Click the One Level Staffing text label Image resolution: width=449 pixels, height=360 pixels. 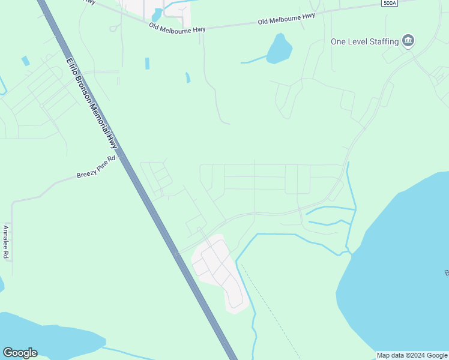pyautogui.click(x=364, y=41)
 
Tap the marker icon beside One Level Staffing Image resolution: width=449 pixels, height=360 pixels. pyautogui.click(x=409, y=41)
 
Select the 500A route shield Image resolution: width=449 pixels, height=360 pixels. pyautogui.click(x=388, y=3)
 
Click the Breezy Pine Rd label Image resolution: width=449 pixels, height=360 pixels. pyautogui.click(x=95, y=167)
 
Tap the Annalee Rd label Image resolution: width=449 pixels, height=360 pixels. pyautogui.click(x=5, y=242)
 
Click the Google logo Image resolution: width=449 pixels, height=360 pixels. pyautogui.click(x=20, y=353)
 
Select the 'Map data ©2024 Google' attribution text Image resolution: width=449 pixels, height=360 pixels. pyautogui.click(x=412, y=355)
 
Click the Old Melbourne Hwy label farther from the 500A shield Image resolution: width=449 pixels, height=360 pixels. pyautogui.click(x=173, y=26)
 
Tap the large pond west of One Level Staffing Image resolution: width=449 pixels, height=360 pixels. pyautogui.click(x=279, y=49)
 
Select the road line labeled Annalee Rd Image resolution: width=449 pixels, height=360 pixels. pyautogui.click(x=12, y=240)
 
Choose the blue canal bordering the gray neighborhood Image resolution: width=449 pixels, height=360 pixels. pyautogui.click(x=246, y=282)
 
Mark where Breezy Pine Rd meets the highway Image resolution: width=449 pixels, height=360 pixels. pyautogui.click(x=122, y=157)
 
